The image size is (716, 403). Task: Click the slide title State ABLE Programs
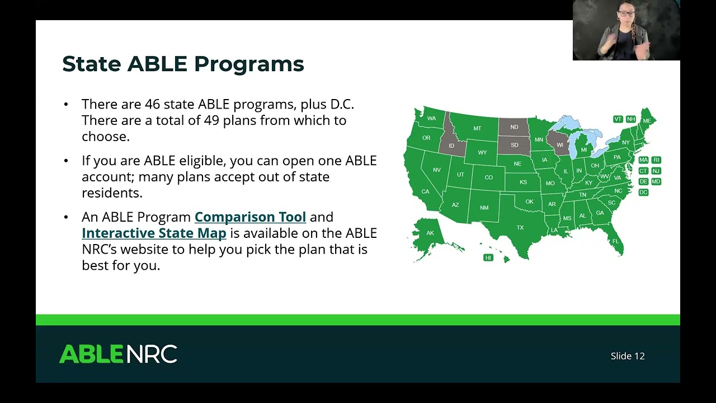click(x=183, y=64)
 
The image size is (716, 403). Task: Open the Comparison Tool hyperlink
click(x=250, y=217)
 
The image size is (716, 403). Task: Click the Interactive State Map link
click(x=154, y=233)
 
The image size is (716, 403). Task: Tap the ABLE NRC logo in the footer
click(x=118, y=354)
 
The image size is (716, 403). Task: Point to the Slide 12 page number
click(x=628, y=356)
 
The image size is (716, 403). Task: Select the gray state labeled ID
click(x=451, y=146)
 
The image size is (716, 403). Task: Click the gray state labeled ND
click(x=514, y=127)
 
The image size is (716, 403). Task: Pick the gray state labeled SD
click(x=514, y=145)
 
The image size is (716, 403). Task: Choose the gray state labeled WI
click(x=559, y=145)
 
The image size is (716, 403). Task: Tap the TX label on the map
click(x=520, y=227)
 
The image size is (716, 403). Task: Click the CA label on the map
click(x=425, y=191)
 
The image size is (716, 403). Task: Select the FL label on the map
click(x=615, y=241)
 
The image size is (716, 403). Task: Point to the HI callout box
click(x=488, y=258)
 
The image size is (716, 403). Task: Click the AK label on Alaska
click(x=430, y=233)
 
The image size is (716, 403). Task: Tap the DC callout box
click(x=643, y=192)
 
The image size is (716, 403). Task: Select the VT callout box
click(x=618, y=119)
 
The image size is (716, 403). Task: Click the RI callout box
click(x=656, y=160)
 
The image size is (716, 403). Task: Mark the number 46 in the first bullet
click(x=152, y=104)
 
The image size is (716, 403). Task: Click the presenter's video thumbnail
click(x=626, y=30)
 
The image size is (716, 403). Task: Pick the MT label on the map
click(x=477, y=128)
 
